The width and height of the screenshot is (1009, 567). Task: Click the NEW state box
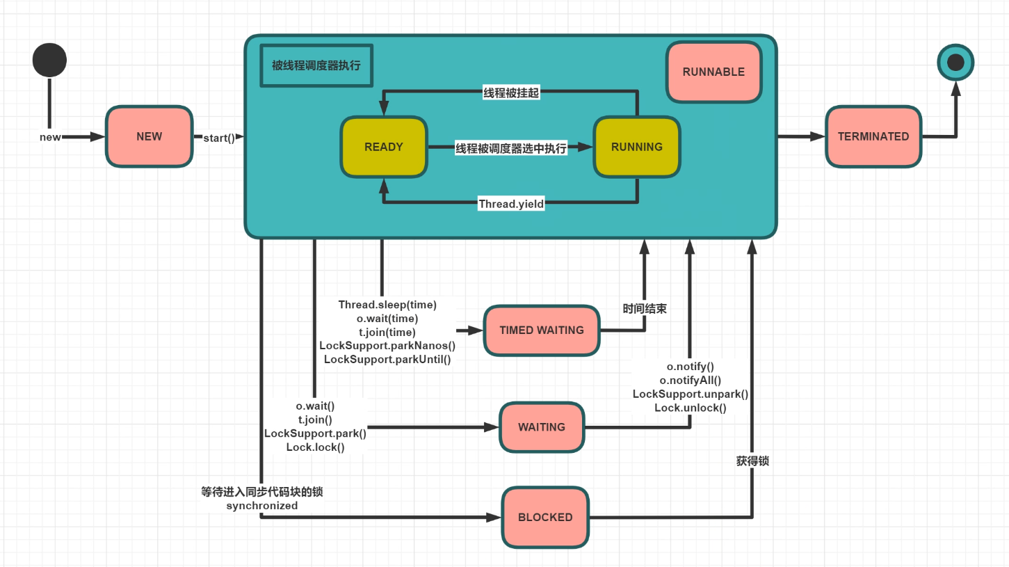point(149,136)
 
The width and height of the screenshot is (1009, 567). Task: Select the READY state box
point(384,147)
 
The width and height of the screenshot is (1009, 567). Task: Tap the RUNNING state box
point(636,147)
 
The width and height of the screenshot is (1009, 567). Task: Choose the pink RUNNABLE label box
point(714,72)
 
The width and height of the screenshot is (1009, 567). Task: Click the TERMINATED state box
point(873,136)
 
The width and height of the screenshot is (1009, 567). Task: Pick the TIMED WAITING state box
point(542,330)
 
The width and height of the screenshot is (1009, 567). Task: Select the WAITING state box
point(542,427)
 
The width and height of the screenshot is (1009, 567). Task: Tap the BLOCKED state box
point(545,518)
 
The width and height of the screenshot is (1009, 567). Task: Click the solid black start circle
point(49,60)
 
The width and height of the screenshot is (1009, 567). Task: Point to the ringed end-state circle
point(955,62)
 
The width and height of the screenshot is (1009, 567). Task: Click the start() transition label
point(219,138)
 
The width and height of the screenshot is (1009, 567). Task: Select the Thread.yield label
point(511,204)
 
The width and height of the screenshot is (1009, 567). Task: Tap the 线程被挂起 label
point(511,93)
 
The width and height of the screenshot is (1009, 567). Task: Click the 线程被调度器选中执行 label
point(511,148)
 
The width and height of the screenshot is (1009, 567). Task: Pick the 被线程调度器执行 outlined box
point(316,65)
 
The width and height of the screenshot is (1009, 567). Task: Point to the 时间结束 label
point(645,309)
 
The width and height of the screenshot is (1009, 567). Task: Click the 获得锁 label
point(752,461)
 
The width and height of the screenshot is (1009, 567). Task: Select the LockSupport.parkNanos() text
point(387,346)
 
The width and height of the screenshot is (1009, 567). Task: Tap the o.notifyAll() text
point(691,381)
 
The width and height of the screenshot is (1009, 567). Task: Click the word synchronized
point(262,506)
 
